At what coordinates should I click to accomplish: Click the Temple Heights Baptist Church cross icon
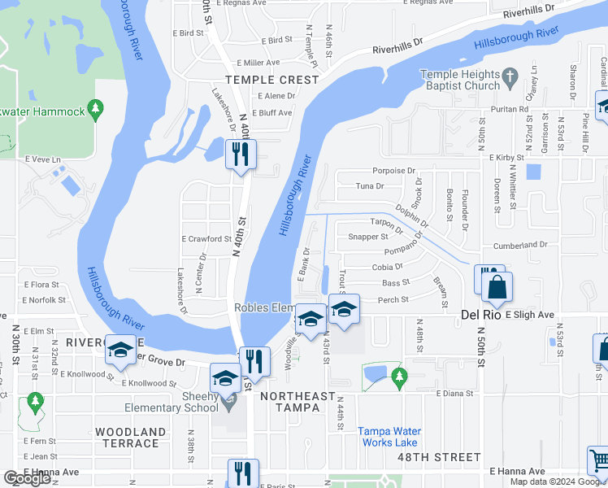pos(510,79)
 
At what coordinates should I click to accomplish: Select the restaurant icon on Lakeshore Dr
pos(240,153)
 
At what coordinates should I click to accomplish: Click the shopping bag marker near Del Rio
pos(497,287)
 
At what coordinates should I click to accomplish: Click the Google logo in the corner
pos(27,478)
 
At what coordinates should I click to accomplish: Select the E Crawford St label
pos(206,239)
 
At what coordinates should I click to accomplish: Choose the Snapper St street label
pos(368,237)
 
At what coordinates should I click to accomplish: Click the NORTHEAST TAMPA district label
pos(297,396)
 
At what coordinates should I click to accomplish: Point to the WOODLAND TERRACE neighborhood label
pos(130,438)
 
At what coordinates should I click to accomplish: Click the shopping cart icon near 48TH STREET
pos(598,460)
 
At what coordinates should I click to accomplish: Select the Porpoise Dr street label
pos(394,171)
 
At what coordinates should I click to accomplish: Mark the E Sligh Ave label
pos(529,314)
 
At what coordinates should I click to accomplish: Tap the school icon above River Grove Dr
pos(121,350)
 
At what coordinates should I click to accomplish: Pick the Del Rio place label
pos(479,314)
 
